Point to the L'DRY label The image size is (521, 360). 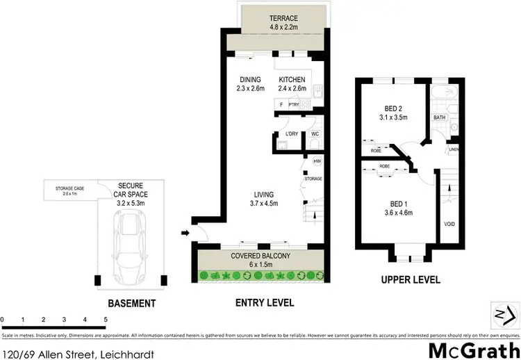click(291, 133)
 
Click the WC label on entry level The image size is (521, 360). click(315, 133)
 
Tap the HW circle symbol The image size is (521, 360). click(317, 161)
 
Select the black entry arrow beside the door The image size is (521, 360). click(185, 233)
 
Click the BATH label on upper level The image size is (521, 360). click(439, 117)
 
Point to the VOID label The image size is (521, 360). click(449, 224)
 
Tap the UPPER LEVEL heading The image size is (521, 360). click(411, 280)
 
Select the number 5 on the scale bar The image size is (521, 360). click(106, 319)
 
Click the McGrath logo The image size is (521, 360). click(474, 349)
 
